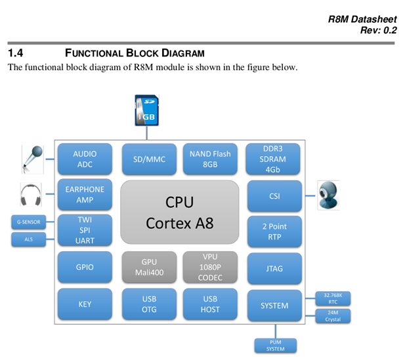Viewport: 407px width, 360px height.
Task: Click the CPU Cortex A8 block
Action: point(179,212)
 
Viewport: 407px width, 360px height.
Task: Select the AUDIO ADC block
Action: point(84,159)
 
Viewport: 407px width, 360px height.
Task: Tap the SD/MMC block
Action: point(149,159)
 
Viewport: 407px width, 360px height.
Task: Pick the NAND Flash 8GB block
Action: point(210,159)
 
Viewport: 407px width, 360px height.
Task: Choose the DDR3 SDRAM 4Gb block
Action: point(274,159)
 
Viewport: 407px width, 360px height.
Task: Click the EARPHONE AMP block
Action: point(84,195)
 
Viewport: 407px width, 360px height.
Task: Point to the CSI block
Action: point(274,195)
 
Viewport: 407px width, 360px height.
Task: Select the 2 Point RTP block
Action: point(274,231)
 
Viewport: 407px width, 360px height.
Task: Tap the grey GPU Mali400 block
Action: point(149,267)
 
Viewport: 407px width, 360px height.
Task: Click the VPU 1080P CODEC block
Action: point(210,267)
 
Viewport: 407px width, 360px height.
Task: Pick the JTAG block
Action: point(274,268)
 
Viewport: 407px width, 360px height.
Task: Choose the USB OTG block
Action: point(149,304)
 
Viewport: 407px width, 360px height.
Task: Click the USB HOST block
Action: point(210,304)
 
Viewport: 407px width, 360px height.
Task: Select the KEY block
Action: point(84,304)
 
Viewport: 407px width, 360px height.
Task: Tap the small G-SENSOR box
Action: point(28,222)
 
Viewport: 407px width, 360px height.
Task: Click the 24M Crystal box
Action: point(333,316)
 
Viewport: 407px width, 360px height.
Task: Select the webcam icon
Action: point(329,195)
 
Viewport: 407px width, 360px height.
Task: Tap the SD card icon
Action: point(146,110)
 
